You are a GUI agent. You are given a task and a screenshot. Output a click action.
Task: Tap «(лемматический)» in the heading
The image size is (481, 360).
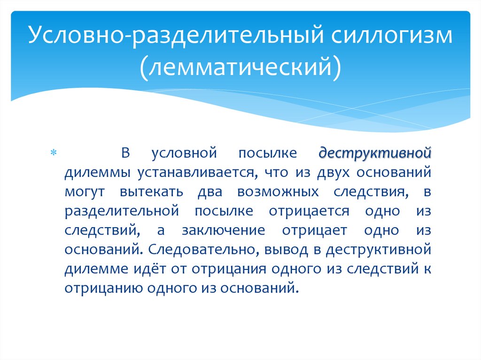pos(240,66)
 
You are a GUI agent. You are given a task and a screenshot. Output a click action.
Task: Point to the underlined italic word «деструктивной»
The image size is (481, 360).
pos(375,153)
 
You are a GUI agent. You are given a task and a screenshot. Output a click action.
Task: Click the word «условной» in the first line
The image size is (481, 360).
pos(183,153)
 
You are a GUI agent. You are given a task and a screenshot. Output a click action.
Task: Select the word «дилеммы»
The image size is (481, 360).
pos(98,173)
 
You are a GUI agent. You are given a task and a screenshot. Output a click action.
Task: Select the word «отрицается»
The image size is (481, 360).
pos(309,211)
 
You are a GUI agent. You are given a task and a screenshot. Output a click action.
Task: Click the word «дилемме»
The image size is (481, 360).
pos(98,268)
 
